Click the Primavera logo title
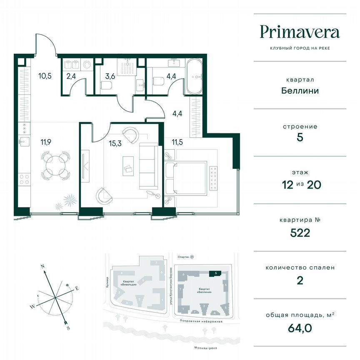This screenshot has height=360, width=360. (300, 32)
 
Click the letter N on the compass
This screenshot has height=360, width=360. (42, 265)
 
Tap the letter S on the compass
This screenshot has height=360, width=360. (68, 328)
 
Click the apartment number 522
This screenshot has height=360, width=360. (300, 233)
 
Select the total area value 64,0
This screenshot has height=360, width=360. (300, 328)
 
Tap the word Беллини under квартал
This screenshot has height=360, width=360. (300, 90)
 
